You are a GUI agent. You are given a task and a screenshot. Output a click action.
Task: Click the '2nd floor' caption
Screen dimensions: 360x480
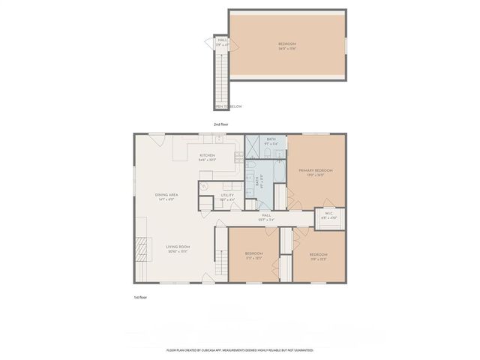[x=220, y=123]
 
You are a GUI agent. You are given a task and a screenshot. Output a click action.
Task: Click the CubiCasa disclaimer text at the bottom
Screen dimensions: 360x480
[x=239, y=350]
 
